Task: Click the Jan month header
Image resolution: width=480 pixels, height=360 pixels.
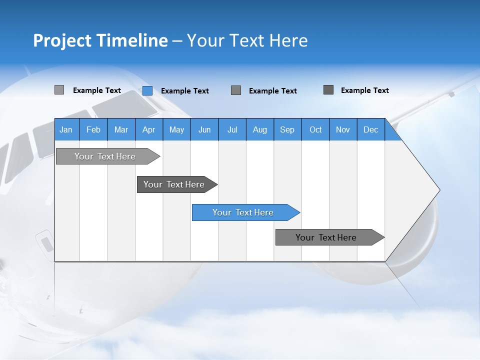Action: pos(66,129)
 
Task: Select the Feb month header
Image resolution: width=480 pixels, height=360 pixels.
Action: pos(93,129)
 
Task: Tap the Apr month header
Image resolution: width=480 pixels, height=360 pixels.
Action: pos(148,129)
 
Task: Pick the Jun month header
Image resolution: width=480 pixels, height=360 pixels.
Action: pos(204,129)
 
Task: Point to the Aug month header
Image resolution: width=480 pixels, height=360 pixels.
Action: pos(260,129)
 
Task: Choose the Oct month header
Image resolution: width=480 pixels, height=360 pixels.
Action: pos(315,129)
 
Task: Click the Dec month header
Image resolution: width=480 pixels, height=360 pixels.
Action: pos(370,129)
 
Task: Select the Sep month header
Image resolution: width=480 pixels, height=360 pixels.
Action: pos(287,129)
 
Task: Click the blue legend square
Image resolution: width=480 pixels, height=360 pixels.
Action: pos(147,90)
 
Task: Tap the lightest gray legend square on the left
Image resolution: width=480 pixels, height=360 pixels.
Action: pos(59,90)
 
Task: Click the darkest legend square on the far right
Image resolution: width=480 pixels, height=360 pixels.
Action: pos(328,90)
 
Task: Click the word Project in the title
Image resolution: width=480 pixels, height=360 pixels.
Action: pos(62,40)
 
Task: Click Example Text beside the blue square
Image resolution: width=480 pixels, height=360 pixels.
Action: pos(185,91)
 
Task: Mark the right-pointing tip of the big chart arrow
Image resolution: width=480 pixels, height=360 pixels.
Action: pos(438,190)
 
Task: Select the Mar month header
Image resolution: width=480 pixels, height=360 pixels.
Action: pos(121,129)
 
